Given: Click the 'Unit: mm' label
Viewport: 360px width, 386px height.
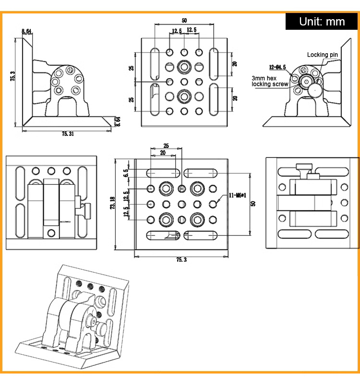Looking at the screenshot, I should coord(322,22).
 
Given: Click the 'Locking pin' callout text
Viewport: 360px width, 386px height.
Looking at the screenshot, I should coord(323,55).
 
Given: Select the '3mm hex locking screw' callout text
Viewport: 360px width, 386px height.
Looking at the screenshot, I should coord(270,81).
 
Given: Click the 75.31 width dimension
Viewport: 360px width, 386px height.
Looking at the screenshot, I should coord(68,134).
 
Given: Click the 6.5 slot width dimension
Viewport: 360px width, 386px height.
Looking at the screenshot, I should coord(126,173).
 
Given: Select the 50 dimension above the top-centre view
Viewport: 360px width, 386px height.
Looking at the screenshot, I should coord(184,21).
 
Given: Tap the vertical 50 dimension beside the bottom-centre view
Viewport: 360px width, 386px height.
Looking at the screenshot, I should coord(253,203).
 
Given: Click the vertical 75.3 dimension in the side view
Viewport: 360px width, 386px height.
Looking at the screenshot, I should coord(13,77).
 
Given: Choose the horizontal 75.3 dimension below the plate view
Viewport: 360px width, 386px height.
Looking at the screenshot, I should coord(181,259).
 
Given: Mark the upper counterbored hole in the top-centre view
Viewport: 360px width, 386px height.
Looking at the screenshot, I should coord(184,66).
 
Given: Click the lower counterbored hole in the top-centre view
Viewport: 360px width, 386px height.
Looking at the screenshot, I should coord(184,96).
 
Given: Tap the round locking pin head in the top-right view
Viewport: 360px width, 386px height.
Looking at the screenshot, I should coord(314,89).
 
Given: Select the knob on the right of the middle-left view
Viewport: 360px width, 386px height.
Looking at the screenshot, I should coord(87,210).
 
